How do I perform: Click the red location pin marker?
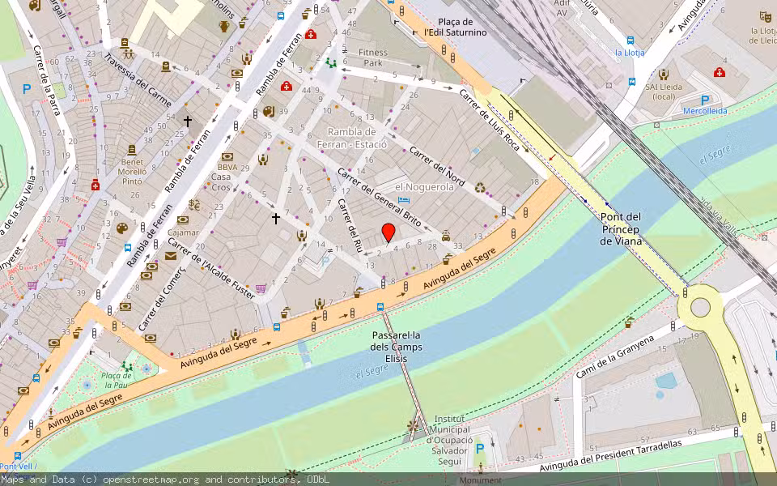click(x=388, y=232)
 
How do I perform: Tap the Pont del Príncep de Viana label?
click(x=621, y=229)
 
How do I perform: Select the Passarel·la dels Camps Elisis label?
click(x=397, y=347)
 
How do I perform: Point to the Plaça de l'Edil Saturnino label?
click(x=455, y=27)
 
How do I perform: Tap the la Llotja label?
click(x=629, y=53)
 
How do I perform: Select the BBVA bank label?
click(x=227, y=167)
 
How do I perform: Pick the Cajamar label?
click(x=184, y=232)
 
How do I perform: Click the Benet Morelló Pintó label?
click(x=133, y=172)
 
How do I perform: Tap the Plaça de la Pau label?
click(x=117, y=380)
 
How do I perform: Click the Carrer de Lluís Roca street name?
click(x=490, y=118)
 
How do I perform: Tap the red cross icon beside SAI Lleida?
click(x=720, y=72)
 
